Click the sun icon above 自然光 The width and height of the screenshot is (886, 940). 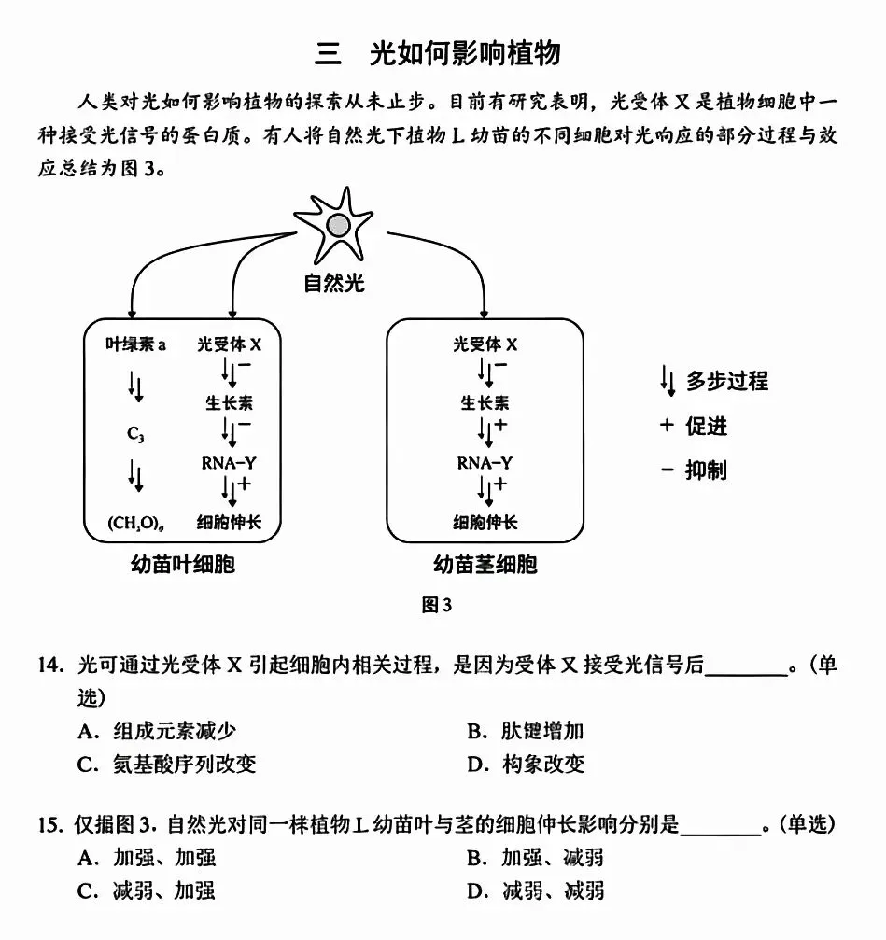(x=339, y=224)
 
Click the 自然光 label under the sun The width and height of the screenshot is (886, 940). (x=334, y=283)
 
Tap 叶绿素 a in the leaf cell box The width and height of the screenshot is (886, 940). (x=135, y=344)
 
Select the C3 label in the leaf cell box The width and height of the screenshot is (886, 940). (x=135, y=434)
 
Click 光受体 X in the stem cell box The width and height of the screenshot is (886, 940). (x=485, y=344)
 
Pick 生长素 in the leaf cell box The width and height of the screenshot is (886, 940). (x=229, y=403)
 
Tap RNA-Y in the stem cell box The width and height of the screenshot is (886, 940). (x=485, y=462)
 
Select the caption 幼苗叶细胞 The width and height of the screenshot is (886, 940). (x=183, y=565)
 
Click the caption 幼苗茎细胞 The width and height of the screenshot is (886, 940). (x=485, y=565)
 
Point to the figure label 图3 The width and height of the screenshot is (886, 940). (x=437, y=606)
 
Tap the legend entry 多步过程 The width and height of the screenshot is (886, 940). (x=726, y=381)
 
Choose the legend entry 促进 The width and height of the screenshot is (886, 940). (x=706, y=427)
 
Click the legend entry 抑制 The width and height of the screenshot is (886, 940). (x=706, y=470)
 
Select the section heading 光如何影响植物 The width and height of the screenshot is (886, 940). (x=464, y=53)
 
